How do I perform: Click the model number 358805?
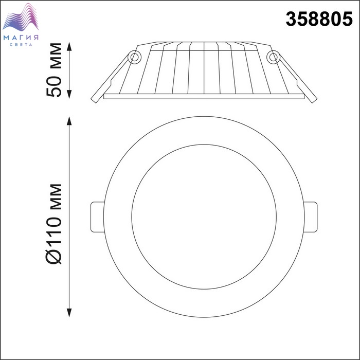[x=319, y=19]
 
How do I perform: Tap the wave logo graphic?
[x=21, y=17]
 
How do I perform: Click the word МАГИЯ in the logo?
[x=21, y=38]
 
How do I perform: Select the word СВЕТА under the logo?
[x=21, y=45]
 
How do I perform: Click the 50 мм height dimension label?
[x=54, y=70]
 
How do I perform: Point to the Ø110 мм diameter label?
[x=54, y=224]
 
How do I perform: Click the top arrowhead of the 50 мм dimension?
[x=69, y=46]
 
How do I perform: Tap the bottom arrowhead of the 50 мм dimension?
[x=69, y=94]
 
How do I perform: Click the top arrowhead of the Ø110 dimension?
[x=69, y=121]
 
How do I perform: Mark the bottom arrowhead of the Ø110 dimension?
[x=69, y=313]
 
